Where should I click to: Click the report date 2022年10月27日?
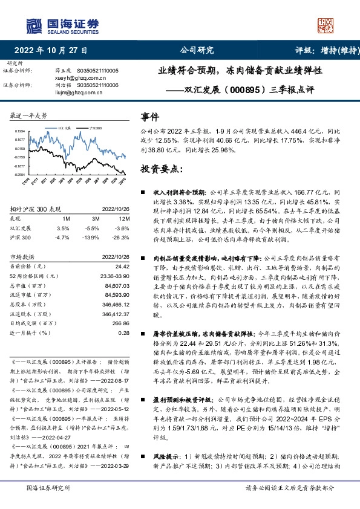click(50, 50)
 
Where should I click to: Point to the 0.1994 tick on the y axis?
click(19, 131)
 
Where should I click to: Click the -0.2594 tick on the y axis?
click(19, 175)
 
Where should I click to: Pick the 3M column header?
click(94, 218)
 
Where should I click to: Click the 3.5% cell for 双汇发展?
click(62, 229)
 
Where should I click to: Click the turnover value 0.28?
click(124, 332)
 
